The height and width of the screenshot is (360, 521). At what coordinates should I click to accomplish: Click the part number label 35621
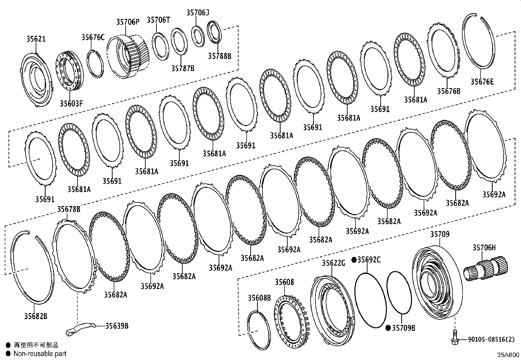(36, 39)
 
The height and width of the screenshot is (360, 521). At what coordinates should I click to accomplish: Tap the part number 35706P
(128, 22)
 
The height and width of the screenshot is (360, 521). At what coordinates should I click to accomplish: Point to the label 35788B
(219, 56)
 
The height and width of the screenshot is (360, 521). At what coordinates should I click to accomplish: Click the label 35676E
(482, 82)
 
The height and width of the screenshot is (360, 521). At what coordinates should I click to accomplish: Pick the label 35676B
(448, 91)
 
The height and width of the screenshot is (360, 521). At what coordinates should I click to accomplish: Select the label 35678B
(69, 209)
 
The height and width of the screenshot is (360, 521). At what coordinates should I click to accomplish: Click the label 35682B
(35, 316)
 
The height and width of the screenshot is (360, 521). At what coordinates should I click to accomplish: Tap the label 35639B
(117, 326)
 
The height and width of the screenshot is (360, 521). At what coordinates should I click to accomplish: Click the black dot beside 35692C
(354, 260)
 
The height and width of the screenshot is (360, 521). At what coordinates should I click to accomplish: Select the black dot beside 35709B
(388, 328)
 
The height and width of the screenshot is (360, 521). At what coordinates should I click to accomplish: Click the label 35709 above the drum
(440, 234)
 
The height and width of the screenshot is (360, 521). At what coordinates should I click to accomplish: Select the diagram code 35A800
(508, 355)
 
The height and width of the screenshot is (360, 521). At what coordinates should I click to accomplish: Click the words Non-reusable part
(40, 353)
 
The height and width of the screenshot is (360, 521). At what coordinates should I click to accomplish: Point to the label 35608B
(259, 298)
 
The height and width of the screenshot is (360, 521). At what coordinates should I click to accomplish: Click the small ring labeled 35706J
(198, 34)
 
